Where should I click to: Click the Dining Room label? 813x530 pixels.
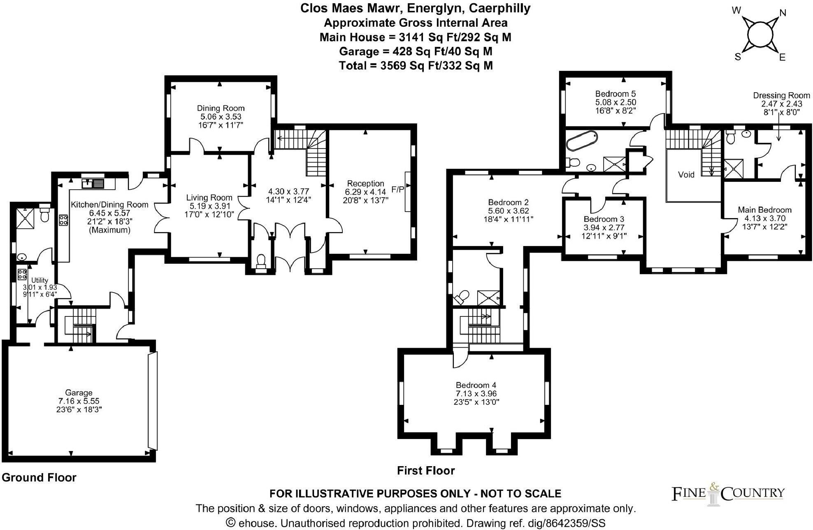tap(221, 108)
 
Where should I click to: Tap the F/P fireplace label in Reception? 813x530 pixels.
tap(397, 190)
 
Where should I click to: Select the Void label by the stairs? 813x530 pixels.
tap(686, 174)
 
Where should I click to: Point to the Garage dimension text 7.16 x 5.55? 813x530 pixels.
tap(79, 401)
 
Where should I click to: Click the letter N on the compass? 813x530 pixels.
tap(783, 13)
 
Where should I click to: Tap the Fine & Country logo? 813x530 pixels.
tap(728, 493)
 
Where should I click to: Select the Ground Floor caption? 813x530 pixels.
tap(39, 477)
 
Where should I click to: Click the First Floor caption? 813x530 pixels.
tap(425, 470)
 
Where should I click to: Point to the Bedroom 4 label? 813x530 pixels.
tap(476, 385)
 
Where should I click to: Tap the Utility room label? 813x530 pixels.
tap(39, 280)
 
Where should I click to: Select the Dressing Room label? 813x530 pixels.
tap(781, 95)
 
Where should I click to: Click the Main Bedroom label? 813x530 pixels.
tap(764, 210)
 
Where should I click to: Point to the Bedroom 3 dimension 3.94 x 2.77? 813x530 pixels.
tap(604, 228)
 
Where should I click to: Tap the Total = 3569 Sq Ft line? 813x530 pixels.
tap(416, 66)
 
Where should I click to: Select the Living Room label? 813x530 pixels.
tap(209, 198)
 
